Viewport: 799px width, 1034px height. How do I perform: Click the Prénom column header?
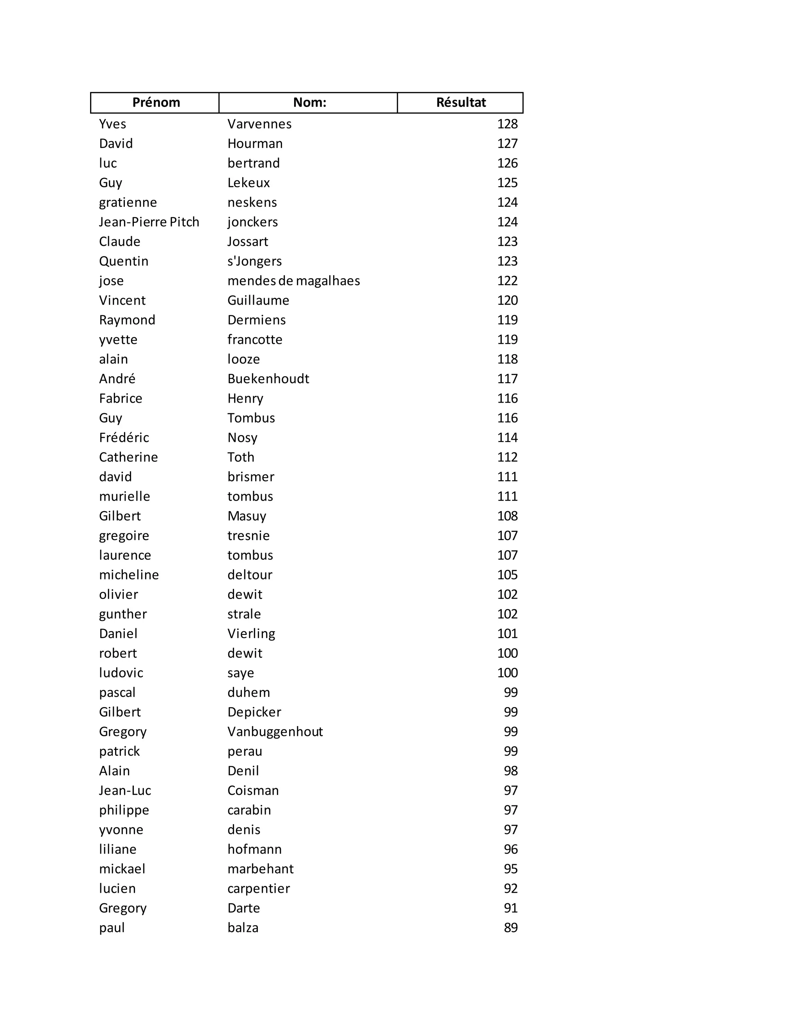coord(156,102)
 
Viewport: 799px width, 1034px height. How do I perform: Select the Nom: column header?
coord(309,102)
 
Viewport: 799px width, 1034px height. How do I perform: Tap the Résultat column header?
coord(461,102)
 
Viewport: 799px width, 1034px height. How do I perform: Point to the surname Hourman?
coord(255,144)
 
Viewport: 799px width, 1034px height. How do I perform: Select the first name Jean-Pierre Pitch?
coord(149,222)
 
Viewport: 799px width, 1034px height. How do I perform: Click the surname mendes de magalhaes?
coord(293,281)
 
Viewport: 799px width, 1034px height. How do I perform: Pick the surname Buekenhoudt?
coord(268,379)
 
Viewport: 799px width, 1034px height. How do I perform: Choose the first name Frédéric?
coord(124,437)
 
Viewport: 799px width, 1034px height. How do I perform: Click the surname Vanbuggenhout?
coord(275,732)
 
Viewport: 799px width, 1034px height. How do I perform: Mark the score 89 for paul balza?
coord(510,927)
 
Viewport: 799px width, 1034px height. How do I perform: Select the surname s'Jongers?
coord(254,261)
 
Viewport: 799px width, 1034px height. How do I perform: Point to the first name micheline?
coord(129,575)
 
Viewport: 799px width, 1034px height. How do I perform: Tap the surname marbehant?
coord(260,869)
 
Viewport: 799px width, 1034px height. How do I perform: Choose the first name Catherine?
coord(128,457)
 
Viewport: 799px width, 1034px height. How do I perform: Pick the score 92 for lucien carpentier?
coord(510,888)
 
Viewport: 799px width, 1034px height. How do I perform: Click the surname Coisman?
coord(253,790)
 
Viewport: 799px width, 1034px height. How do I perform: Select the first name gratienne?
coord(128,203)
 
